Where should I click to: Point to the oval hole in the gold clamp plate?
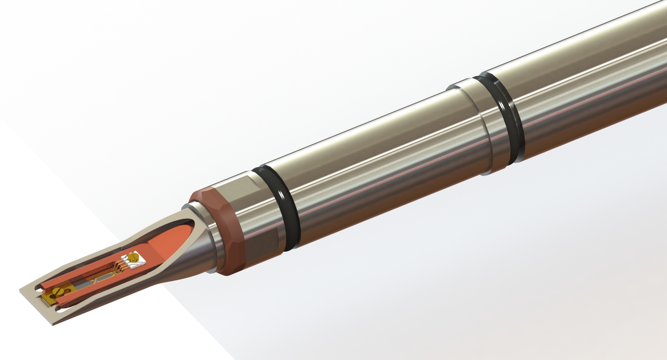click(68, 290)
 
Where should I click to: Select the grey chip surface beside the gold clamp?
click(82, 287)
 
